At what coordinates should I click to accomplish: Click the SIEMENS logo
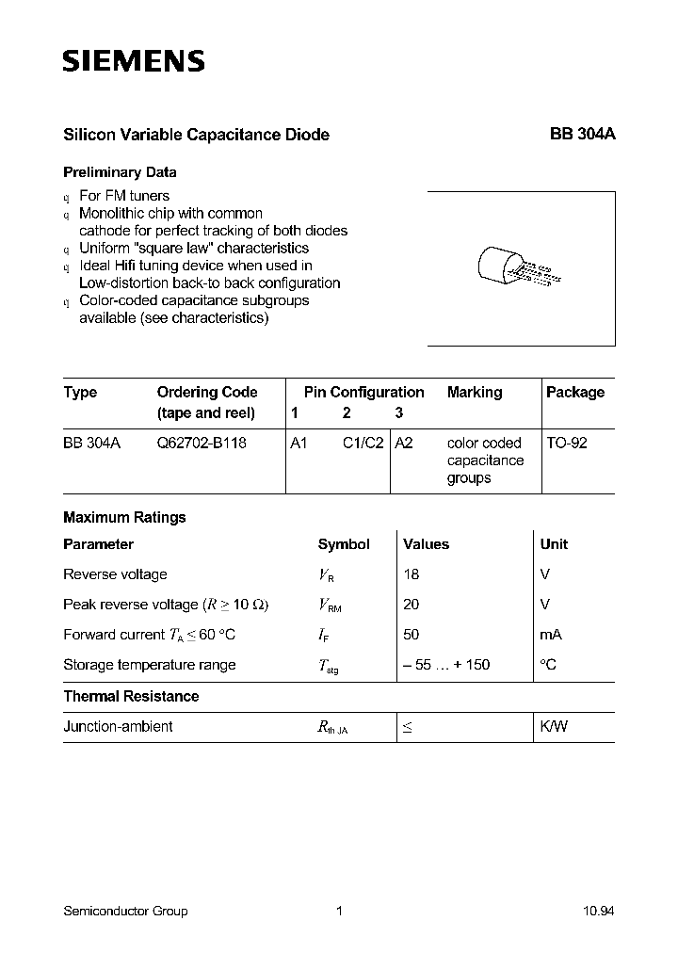coord(133,62)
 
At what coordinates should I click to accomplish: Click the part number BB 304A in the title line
coord(582,135)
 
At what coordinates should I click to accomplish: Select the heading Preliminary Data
coord(120,172)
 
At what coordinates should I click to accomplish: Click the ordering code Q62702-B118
coord(202,443)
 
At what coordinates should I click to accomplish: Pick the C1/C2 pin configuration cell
coord(363,443)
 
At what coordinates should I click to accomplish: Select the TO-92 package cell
coord(567,443)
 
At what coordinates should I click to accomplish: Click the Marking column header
coord(475,392)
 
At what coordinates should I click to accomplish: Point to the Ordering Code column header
coord(207,392)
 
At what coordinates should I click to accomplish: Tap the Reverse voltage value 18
coord(412,574)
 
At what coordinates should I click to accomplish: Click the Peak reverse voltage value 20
coord(412,605)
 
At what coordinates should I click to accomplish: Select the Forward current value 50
coord(412,635)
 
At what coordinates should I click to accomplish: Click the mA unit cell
coord(551,635)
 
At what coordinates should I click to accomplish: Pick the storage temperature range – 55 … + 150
coord(446,665)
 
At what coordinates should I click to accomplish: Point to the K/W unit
coord(554,727)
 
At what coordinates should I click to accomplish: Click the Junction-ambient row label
coord(118,727)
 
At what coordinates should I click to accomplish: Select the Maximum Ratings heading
coord(124,517)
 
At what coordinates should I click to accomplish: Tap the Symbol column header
coord(344,544)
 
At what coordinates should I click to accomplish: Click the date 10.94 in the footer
coord(598,911)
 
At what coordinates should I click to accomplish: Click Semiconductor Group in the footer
coord(125,911)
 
